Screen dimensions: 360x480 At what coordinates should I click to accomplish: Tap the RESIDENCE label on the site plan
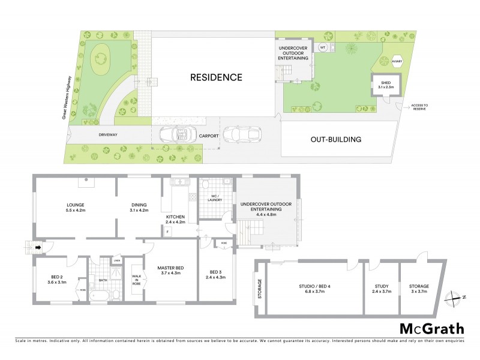[x=216, y=77]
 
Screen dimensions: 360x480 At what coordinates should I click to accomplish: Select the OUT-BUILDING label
[x=335, y=140]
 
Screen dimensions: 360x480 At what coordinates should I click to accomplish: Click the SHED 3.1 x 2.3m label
[x=384, y=85]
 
